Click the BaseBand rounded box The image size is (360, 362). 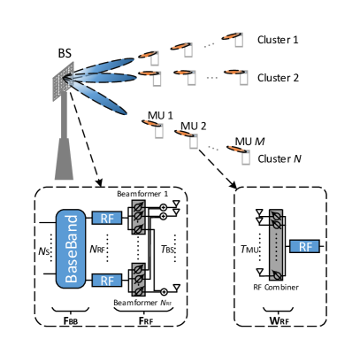tap(71, 249)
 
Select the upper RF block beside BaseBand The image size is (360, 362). tap(106, 219)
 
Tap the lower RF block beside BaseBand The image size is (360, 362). tap(106, 281)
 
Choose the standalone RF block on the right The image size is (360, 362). tap(304, 247)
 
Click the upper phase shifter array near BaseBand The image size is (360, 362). tap(138, 217)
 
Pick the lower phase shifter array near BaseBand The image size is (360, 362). tap(138, 279)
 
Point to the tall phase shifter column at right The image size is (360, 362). tap(276, 245)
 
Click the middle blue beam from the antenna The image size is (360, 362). tap(106, 79)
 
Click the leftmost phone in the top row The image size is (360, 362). tap(154, 58)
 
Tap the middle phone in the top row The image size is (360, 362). tap(188, 50)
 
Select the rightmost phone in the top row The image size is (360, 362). tap(238, 40)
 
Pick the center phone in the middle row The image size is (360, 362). tap(191, 78)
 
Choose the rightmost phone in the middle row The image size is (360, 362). tap(243, 78)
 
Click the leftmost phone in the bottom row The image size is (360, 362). tap(158, 131)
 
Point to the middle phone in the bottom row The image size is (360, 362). tap(193, 141)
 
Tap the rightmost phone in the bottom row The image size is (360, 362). tap(245, 158)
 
